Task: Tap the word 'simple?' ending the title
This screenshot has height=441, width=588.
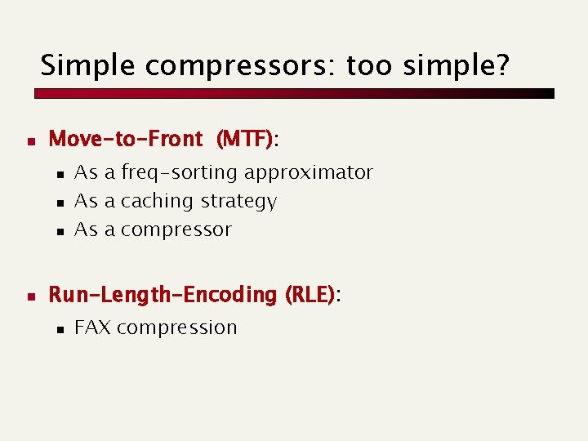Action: point(465,65)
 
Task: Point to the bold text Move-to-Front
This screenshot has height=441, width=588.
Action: point(126,140)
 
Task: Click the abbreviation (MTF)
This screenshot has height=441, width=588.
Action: point(244,140)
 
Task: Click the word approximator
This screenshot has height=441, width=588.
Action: point(308,173)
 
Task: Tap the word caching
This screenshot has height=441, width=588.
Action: point(157,201)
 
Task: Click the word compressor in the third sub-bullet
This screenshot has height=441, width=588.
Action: point(176,230)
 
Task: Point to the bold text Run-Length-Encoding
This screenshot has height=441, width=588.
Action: point(163,294)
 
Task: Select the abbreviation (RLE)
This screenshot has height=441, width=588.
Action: point(309,294)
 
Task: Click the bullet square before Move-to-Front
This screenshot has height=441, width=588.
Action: point(30,140)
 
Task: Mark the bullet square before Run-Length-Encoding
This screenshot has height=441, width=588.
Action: point(30,295)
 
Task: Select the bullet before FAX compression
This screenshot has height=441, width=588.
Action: point(60,329)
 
